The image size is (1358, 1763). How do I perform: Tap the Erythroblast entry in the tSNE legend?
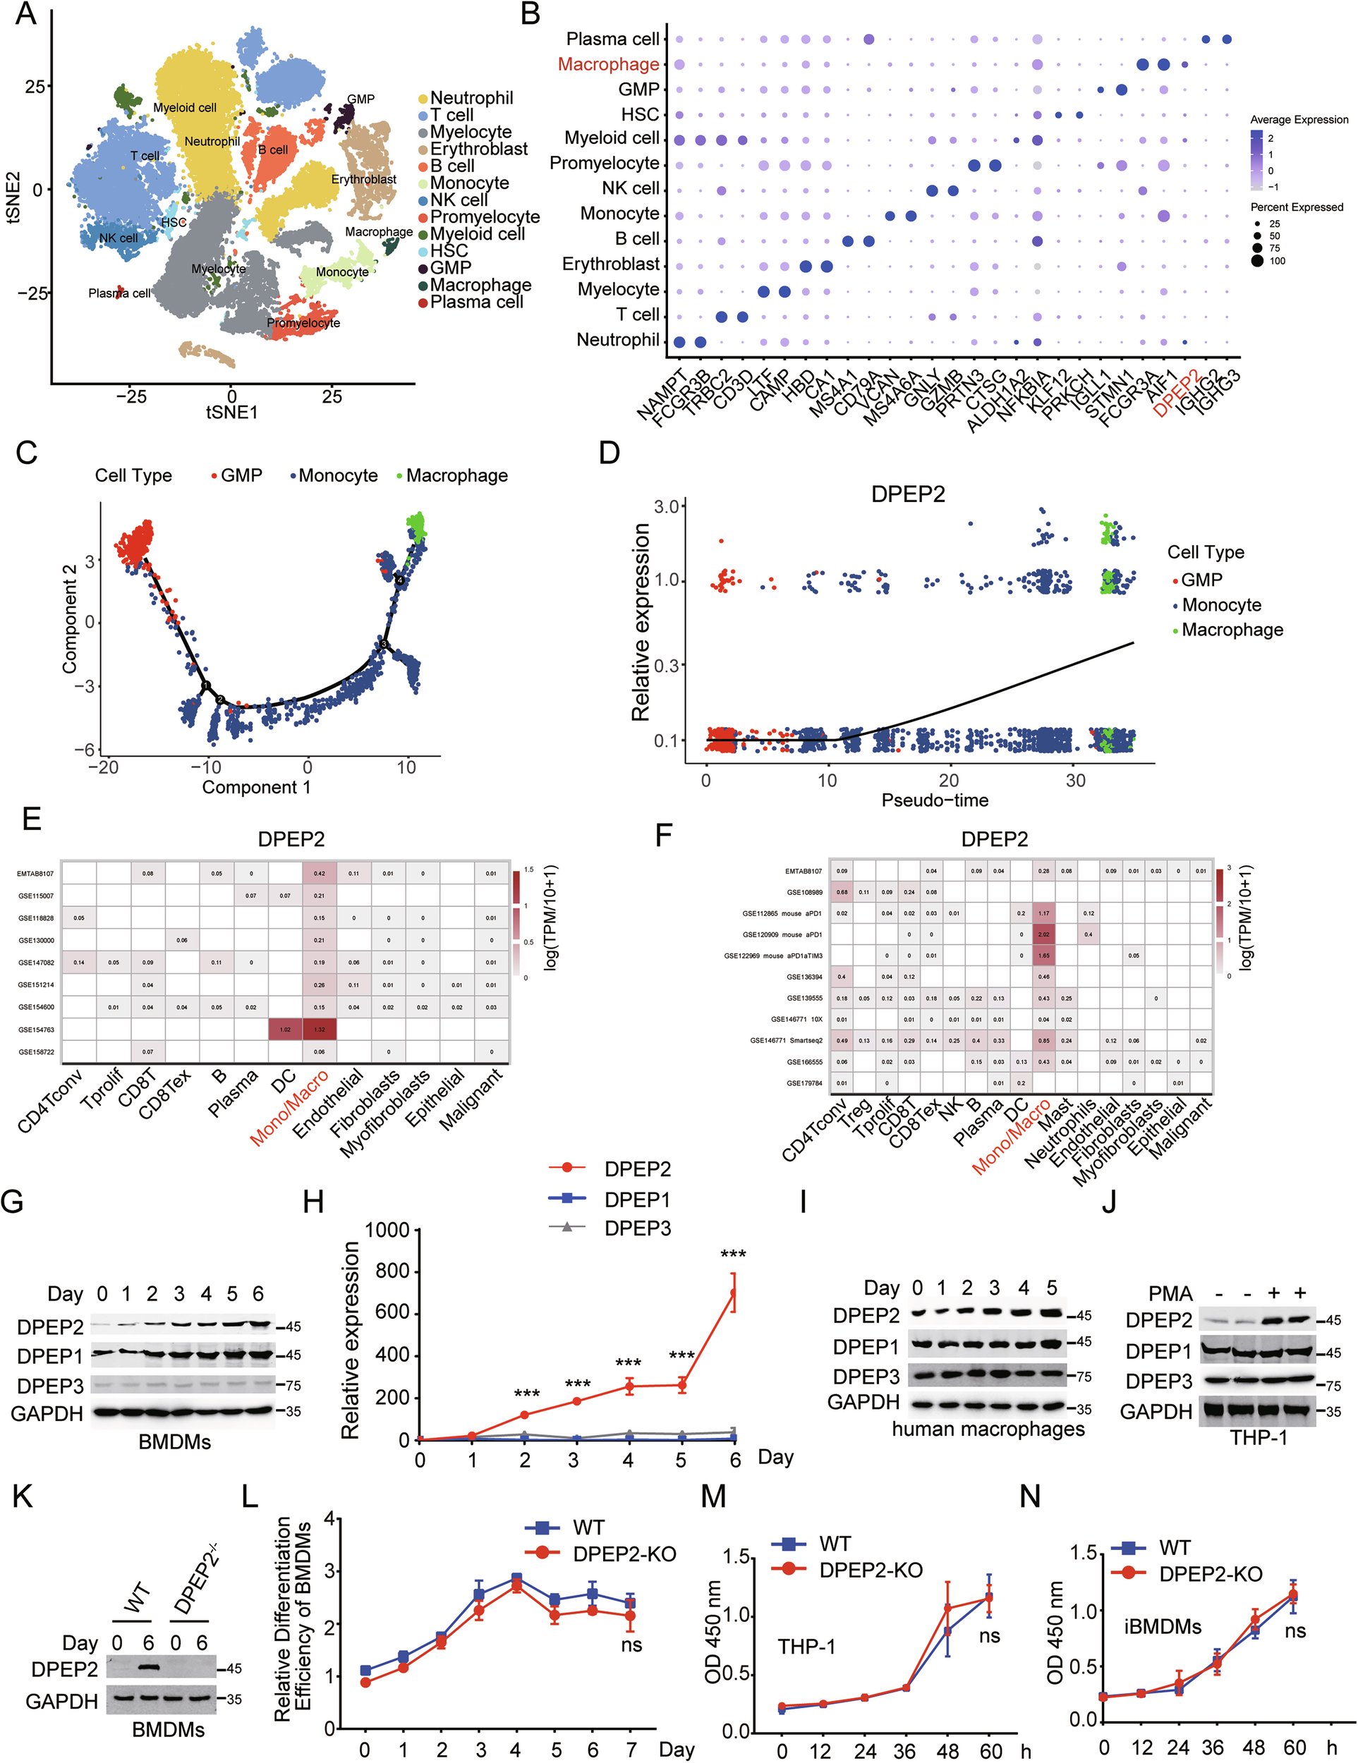478,149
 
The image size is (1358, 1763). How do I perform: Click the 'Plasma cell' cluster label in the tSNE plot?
119,293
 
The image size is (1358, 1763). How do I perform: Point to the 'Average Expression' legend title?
1298,119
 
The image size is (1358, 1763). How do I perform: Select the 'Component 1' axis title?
256,787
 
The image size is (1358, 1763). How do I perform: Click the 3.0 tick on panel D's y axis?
669,507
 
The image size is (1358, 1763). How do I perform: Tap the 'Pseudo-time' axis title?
934,800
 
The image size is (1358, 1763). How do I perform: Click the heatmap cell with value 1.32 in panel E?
320,1029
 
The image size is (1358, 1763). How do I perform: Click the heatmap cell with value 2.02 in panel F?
1043,934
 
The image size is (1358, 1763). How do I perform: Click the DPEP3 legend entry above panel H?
637,1228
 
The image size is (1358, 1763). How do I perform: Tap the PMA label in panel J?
1170,1294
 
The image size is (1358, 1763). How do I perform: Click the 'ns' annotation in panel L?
631,1645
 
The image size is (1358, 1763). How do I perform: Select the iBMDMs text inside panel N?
1163,1627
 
